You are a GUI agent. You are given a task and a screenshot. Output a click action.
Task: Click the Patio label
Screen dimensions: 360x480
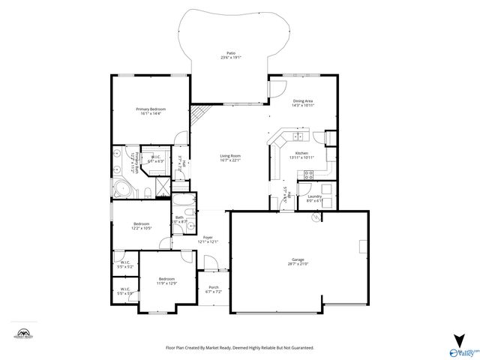pyautogui.click(x=230, y=53)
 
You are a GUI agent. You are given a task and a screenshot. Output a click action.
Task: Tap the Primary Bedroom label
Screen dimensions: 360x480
pyautogui.click(x=150, y=109)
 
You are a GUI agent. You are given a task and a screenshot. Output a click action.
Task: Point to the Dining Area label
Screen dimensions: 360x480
pyautogui.click(x=302, y=100)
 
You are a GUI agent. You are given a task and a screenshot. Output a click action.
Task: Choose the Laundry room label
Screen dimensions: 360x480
pyautogui.click(x=314, y=196)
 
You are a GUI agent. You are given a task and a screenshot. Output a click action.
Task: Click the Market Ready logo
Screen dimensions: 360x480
pyautogui.click(x=24, y=332)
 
